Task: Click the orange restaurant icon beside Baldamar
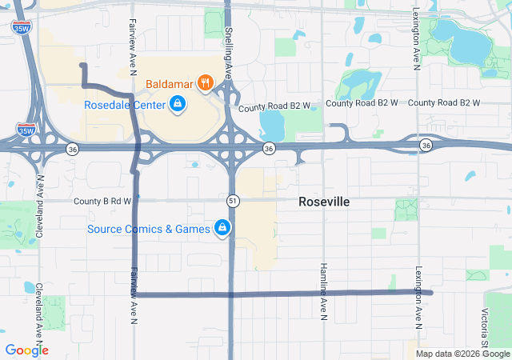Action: point(206,82)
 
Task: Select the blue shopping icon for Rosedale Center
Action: point(178,104)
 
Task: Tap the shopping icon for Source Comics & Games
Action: point(223,230)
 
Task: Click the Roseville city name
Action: point(324,202)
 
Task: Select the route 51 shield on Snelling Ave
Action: point(232,199)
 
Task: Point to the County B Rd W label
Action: point(102,201)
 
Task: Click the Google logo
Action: point(26,350)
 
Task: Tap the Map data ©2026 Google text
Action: point(462,354)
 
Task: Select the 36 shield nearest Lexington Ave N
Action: point(426,144)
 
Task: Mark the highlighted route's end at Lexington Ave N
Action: point(431,293)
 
